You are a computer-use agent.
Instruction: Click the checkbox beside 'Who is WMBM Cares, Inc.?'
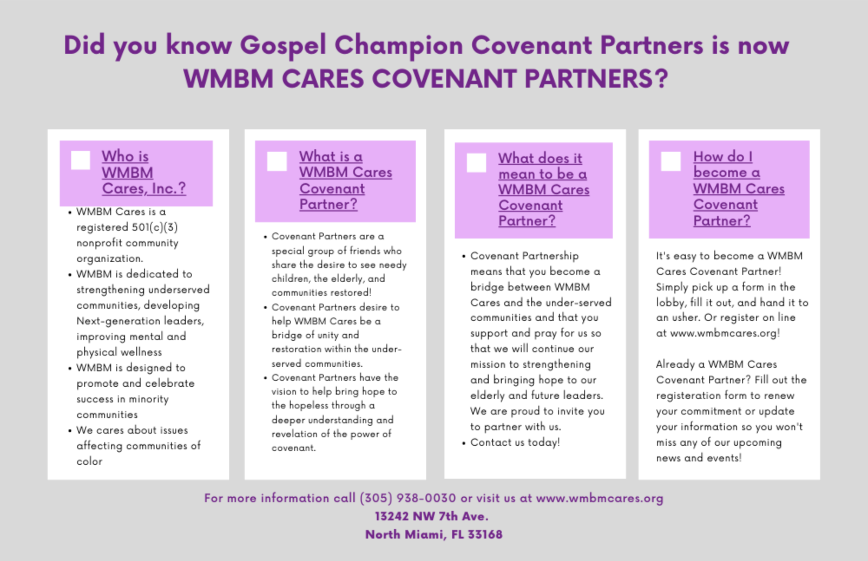pyautogui.click(x=80, y=160)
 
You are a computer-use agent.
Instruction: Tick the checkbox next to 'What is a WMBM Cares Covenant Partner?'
pyautogui.click(x=277, y=161)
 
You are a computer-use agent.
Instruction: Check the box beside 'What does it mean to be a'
pyautogui.click(x=476, y=163)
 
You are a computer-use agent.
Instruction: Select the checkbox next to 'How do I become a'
pyautogui.click(x=671, y=161)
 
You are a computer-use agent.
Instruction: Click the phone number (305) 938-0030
pyautogui.click(x=408, y=498)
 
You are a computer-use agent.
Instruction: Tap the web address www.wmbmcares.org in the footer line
pyautogui.click(x=599, y=498)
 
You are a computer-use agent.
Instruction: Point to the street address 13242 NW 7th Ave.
pyautogui.click(x=431, y=516)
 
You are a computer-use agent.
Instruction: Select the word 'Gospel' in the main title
pyautogui.click(x=283, y=46)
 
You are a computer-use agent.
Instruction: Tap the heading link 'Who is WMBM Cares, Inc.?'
pyautogui.click(x=144, y=173)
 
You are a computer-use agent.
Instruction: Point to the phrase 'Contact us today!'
pyautogui.click(x=515, y=442)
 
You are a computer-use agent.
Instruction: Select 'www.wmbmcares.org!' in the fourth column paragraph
pyautogui.click(x=725, y=333)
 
